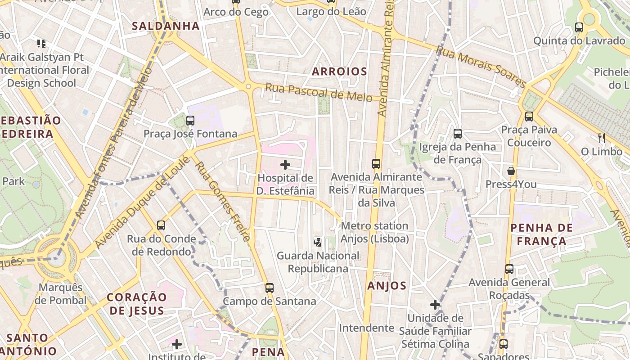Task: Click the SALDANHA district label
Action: tap(166, 26)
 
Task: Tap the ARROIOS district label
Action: tap(340, 72)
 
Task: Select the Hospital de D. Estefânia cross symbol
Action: tap(285, 165)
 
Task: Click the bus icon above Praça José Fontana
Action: tap(190, 120)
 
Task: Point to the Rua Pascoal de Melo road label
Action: tap(319, 92)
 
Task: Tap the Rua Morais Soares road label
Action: tap(481, 68)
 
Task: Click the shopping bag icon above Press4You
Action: tap(511, 171)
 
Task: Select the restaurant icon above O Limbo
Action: tap(601, 138)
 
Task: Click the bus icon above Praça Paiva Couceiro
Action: tap(529, 117)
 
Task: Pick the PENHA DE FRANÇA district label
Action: tap(541, 234)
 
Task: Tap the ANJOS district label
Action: tap(387, 286)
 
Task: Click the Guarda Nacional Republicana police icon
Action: tap(318, 242)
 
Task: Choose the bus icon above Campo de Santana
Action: tap(270, 288)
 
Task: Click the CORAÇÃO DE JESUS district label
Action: tap(137, 304)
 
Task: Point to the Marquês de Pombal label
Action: tap(61, 294)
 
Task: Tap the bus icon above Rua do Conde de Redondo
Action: tap(161, 225)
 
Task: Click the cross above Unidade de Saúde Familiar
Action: tap(435, 305)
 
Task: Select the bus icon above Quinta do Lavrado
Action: tap(579, 27)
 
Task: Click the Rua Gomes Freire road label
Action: tap(222, 202)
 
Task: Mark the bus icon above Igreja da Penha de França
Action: tap(458, 134)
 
